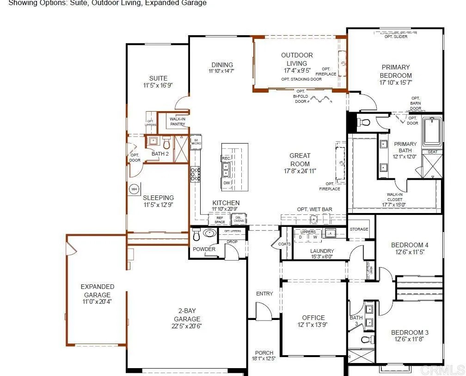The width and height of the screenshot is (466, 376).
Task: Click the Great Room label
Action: click(x=300, y=160)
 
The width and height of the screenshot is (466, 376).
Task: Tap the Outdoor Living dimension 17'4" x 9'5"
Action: click(x=297, y=71)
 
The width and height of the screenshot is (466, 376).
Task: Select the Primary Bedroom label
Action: click(x=396, y=71)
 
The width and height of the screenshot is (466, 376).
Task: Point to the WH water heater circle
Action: click(x=135, y=189)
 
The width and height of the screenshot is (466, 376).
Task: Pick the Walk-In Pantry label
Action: click(x=178, y=121)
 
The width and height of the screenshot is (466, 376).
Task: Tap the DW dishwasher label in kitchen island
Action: click(x=227, y=183)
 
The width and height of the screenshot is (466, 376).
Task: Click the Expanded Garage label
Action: click(x=97, y=291)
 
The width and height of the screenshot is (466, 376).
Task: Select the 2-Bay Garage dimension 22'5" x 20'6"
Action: click(x=187, y=326)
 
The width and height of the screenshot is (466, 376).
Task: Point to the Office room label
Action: click(x=313, y=318)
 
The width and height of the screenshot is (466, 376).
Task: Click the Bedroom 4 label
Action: click(x=410, y=245)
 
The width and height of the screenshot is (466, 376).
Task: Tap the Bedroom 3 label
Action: click(x=410, y=332)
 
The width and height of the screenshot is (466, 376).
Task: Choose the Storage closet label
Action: click(x=359, y=229)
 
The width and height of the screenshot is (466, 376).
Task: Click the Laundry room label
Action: click(x=322, y=251)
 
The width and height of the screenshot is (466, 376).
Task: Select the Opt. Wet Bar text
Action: click(x=314, y=209)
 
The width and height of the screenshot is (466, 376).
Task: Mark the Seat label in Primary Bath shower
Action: click(x=432, y=152)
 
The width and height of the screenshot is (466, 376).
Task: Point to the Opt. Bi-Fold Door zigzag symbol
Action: click(x=322, y=99)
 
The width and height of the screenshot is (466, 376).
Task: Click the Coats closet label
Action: click(x=285, y=244)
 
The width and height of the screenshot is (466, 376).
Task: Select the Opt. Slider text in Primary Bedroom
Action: click(x=396, y=37)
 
